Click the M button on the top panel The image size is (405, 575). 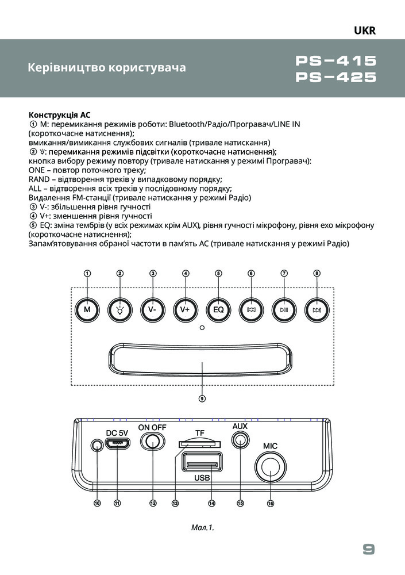tap(87, 309)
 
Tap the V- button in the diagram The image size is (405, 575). tap(153, 309)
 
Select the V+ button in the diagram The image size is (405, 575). tap(186, 309)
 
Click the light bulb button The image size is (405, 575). tap(120, 309)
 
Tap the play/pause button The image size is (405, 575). tap(284, 309)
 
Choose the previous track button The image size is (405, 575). tap(251, 309)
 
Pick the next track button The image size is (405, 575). tap(317, 309)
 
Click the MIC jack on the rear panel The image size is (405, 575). tap(270, 469)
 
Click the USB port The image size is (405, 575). tap(201, 463)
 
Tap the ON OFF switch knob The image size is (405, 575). tap(153, 442)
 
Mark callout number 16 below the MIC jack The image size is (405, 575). tap(270, 503)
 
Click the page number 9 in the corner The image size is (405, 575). tap(368, 549)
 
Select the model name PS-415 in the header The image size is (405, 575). tap(336, 61)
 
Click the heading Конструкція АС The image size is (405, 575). tap(60, 114)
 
